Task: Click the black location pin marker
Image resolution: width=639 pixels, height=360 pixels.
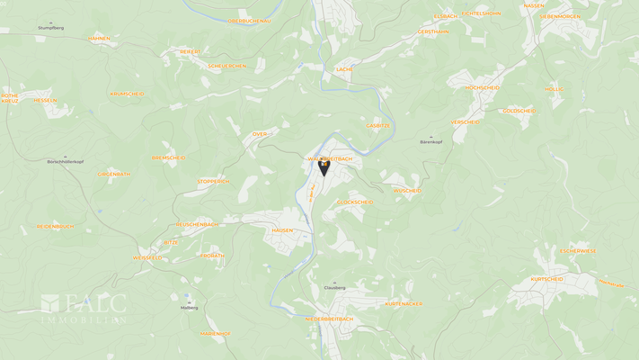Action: [324, 166]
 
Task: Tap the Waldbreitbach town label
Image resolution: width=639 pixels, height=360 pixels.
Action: [331, 158]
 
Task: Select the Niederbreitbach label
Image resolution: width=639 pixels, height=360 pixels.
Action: [329, 319]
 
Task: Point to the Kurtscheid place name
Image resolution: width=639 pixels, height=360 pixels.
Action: [546, 279]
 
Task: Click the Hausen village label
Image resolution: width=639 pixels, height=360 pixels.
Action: [282, 230]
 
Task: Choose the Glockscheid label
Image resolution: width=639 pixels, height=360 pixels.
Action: [355, 202]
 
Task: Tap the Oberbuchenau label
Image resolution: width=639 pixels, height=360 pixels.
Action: [249, 21]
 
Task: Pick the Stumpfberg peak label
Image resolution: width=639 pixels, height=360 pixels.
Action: [51, 28]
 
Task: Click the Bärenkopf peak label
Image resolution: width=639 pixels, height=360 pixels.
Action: [431, 141]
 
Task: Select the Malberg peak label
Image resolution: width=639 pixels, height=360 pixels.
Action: [189, 308]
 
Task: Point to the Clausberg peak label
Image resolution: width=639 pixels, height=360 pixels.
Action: [334, 287]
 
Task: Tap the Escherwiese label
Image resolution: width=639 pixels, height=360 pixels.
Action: [578, 251]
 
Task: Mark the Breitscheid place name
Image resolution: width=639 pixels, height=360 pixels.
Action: [169, 157]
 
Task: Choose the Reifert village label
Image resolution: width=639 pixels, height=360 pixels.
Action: [191, 52]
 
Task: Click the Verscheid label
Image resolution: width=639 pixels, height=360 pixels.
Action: [466, 121]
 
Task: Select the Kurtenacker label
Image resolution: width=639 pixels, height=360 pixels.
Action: [404, 304]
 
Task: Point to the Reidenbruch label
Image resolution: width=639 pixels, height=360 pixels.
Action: [55, 227]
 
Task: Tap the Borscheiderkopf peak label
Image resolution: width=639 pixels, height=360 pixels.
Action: [66, 161]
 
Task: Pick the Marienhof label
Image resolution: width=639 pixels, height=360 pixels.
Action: [216, 334]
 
